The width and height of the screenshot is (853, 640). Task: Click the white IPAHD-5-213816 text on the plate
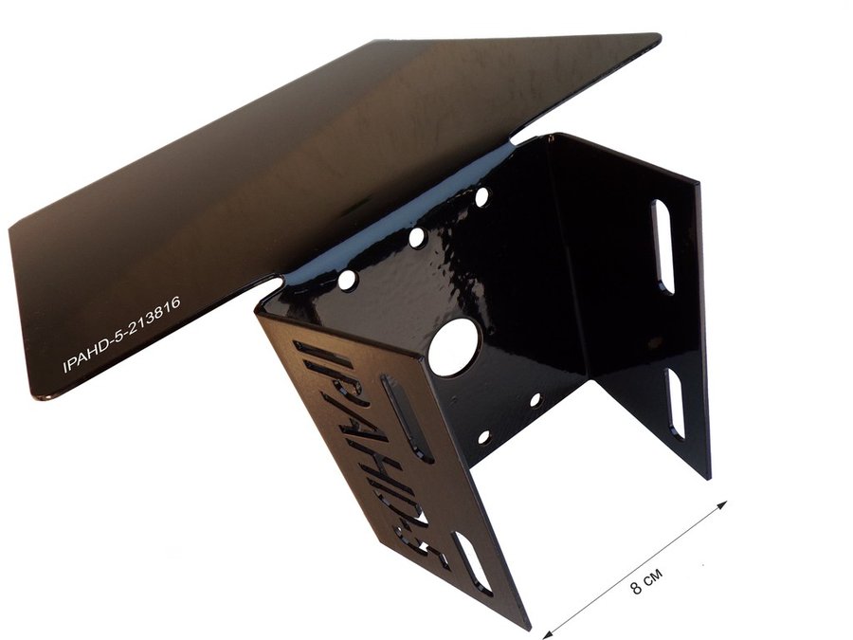click(121, 335)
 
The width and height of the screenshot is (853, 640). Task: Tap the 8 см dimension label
click(646, 582)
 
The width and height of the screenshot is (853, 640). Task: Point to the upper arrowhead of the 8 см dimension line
click(721, 505)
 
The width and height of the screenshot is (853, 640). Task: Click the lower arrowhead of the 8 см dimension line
click(548, 633)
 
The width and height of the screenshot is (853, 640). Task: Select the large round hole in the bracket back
click(454, 347)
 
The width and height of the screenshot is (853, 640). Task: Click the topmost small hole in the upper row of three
click(481, 197)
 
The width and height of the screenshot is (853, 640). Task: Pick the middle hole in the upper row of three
click(417, 238)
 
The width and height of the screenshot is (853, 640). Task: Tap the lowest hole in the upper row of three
click(347, 280)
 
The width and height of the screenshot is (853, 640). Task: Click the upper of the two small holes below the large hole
click(535, 400)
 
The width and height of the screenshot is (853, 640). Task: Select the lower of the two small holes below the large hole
click(483, 436)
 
